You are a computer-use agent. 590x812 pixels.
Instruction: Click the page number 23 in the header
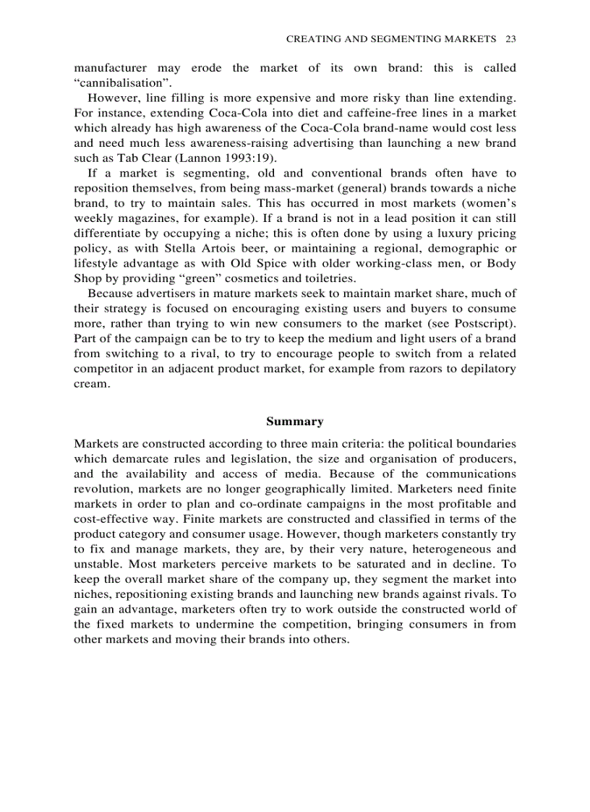click(x=510, y=38)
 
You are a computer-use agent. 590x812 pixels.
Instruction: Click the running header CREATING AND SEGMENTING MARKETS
click(x=391, y=38)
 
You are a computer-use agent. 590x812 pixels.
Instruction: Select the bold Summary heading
click(x=294, y=422)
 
